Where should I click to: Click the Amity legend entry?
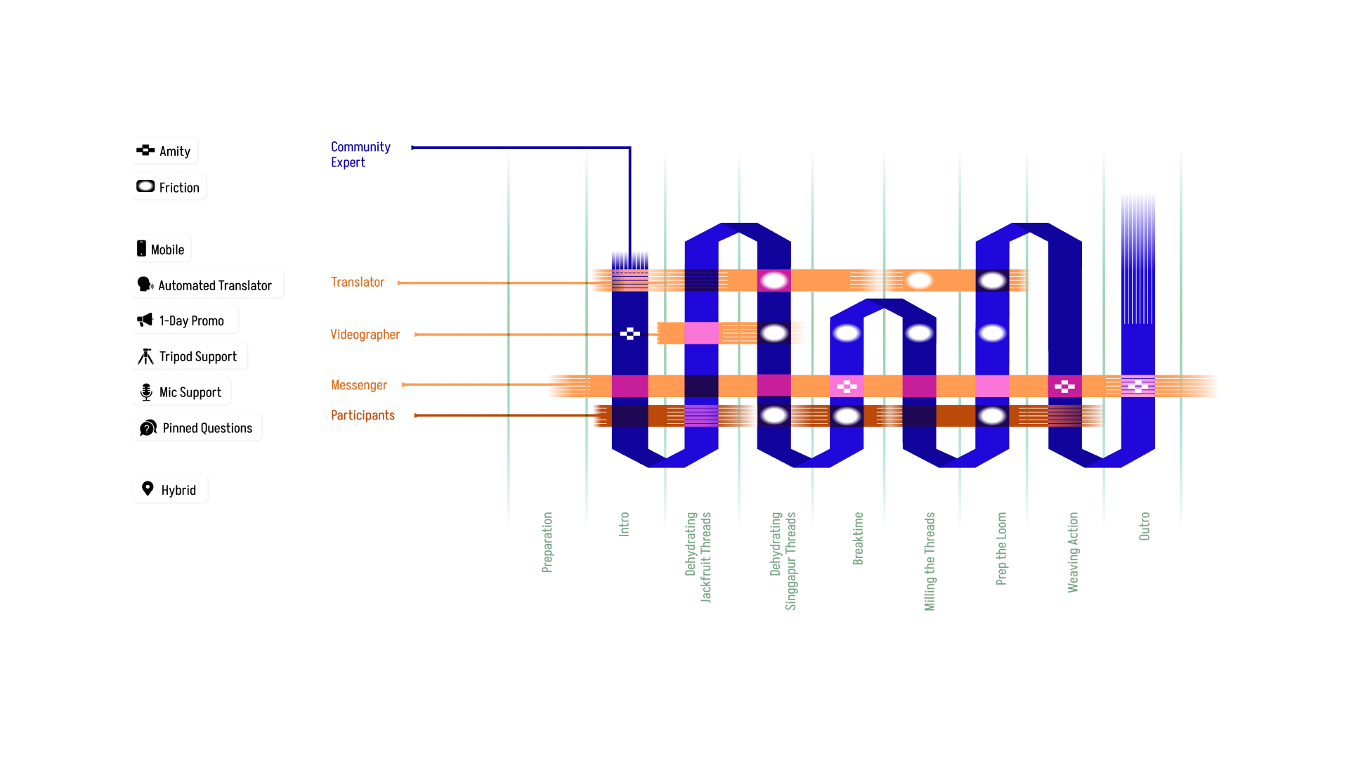tap(164, 150)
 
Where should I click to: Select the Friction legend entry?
tap(169, 187)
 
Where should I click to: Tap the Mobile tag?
tap(161, 249)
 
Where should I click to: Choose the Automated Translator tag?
tap(207, 285)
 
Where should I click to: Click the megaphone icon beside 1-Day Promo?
tap(145, 320)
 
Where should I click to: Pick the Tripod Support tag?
tap(189, 356)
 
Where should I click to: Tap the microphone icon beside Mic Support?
tap(146, 392)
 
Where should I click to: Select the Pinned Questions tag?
tap(197, 427)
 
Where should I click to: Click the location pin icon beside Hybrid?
tap(148, 488)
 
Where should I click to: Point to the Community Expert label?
tap(360, 155)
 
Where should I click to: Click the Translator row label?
tap(358, 282)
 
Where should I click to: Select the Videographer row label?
tap(365, 335)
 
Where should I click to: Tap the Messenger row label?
tap(358, 385)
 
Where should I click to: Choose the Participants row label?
tap(363, 415)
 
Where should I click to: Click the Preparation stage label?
tap(547, 543)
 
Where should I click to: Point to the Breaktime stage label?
tap(858, 538)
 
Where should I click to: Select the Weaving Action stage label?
tap(1073, 552)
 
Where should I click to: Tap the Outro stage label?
tap(1145, 526)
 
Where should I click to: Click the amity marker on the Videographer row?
tap(630, 334)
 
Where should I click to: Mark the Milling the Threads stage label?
tap(930, 562)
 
